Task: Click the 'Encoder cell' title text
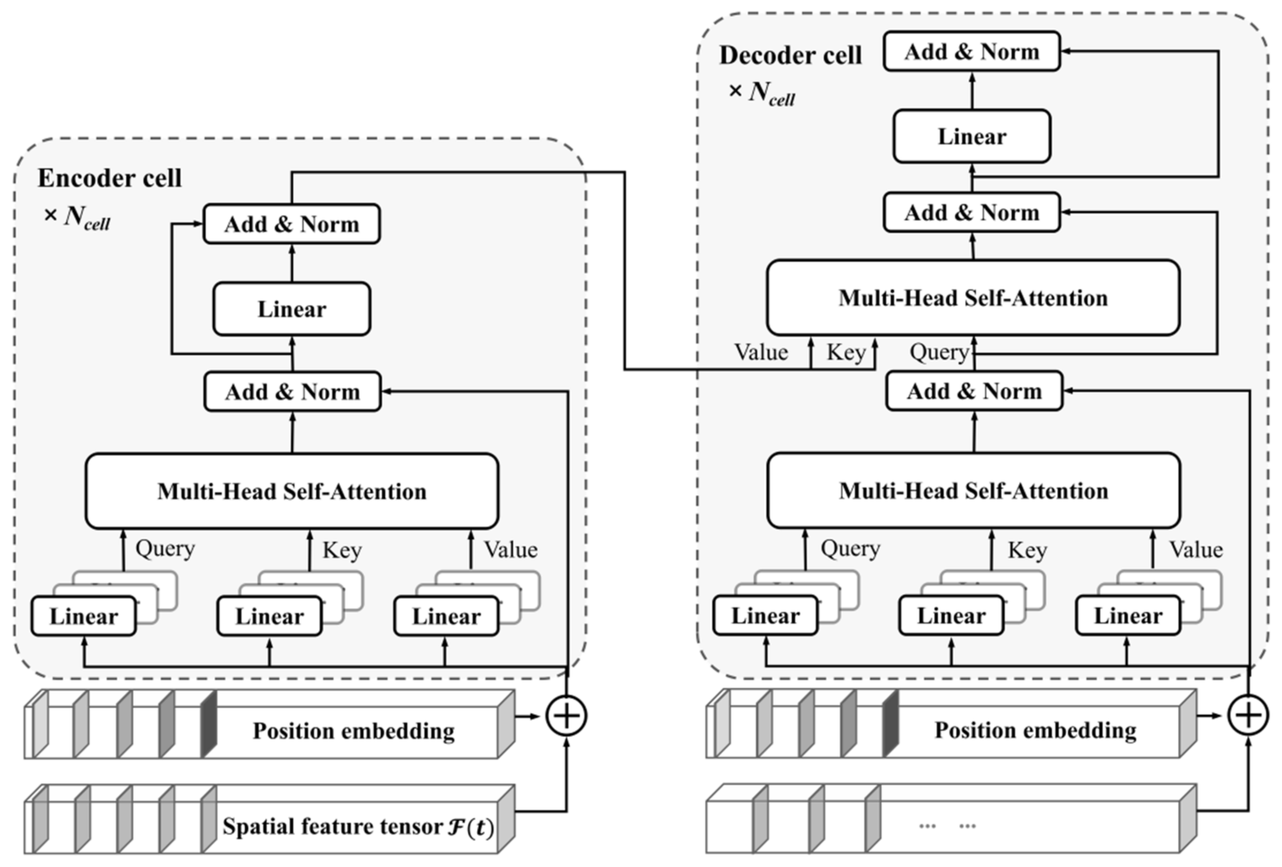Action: [109, 178]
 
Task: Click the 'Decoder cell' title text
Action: [790, 55]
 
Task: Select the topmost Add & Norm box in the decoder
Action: [972, 51]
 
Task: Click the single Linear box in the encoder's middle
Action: [291, 309]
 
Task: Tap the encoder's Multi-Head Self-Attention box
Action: [292, 491]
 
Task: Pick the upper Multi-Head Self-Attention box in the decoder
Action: [973, 298]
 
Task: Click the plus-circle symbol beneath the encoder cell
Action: [567, 716]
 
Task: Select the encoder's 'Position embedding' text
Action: [353, 731]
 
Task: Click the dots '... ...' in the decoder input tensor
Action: [947, 826]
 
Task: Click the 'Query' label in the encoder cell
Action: [165, 548]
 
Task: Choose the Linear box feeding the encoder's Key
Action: [269, 616]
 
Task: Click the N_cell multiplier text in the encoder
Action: [77, 217]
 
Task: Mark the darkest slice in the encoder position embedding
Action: [209, 724]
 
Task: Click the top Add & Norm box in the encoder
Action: [291, 224]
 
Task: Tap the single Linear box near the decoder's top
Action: [972, 136]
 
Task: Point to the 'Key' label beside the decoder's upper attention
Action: [846, 352]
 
